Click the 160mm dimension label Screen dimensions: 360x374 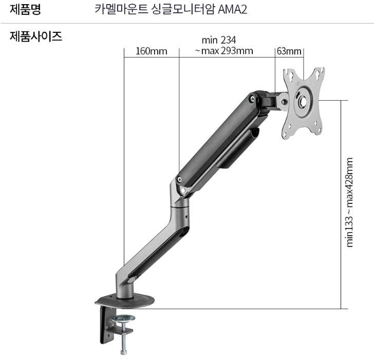(x=151, y=51)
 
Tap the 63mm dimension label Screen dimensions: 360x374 (x=289, y=51)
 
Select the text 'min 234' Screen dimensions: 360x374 (x=219, y=40)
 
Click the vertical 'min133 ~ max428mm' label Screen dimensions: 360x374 (x=350, y=202)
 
